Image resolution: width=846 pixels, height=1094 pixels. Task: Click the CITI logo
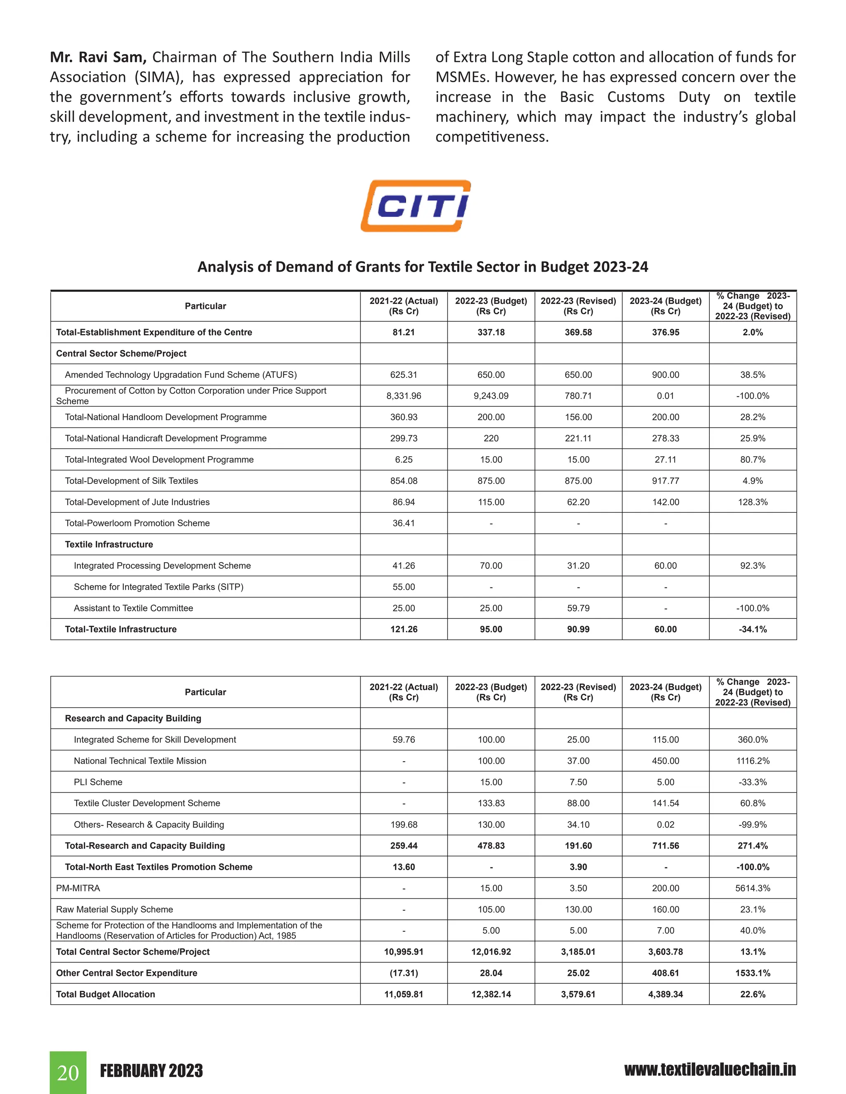click(x=416, y=206)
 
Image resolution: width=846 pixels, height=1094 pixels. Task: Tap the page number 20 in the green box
click(x=68, y=1073)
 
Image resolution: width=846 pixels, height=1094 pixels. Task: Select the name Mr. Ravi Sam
click(x=98, y=57)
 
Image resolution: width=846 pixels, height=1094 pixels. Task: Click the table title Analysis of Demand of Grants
click(x=423, y=267)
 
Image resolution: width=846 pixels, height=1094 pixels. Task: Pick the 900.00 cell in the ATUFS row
click(x=665, y=375)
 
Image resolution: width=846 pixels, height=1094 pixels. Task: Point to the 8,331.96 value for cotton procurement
click(x=404, y=396)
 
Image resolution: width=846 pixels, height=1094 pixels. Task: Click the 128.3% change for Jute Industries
click(x=752, y=502)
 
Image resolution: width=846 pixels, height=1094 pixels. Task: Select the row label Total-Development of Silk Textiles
click(x=131, y=481)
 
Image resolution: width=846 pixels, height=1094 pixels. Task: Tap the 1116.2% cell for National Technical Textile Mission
click(x=752, y=761)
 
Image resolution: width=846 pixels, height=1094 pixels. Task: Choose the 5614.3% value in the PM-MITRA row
click(x=752, y=888)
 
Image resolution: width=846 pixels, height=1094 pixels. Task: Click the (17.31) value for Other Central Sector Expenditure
click(x=404, y=973)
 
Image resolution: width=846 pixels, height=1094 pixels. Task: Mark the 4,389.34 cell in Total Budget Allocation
click(x=665, y=995)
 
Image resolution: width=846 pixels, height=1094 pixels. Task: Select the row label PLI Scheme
click(x=98, y=782)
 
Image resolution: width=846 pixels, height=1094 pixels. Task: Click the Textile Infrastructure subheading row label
click(x=109, y=545)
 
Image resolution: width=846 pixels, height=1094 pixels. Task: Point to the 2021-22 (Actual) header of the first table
click(x=404, y=306)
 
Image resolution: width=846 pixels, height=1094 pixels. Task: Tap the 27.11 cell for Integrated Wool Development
click(x=665, y=459)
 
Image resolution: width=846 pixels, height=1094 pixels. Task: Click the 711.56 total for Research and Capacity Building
click(x=665, y=845)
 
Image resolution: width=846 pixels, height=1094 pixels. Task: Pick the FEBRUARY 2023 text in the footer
click(x=151, y=1071)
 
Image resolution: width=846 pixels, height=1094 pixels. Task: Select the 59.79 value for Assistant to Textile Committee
click(x=578, y=608)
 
